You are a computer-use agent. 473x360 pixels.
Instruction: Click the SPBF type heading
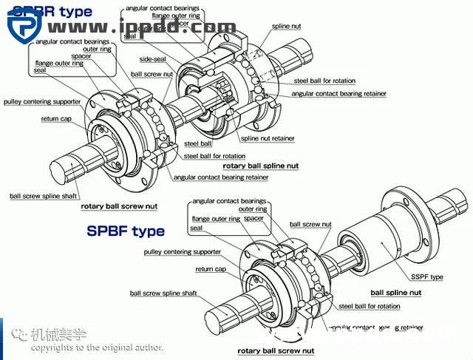(126, 231)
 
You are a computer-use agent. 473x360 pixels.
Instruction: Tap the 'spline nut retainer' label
(267, 138)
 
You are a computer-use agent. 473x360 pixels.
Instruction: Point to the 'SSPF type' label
(427, 276)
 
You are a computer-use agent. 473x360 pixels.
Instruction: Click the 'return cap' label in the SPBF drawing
(211, 269)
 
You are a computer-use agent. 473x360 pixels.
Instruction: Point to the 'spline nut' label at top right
(286, 26)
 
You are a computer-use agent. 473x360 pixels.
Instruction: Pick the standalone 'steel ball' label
(196, 143)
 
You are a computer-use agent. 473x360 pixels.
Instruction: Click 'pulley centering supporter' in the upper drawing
(41, 101)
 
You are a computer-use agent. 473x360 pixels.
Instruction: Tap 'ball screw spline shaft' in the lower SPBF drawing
(163, 293)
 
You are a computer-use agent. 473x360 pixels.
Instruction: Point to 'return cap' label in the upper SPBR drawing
(56, 118)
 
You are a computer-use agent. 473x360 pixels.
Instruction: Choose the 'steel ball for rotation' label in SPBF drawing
(369, 306)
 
